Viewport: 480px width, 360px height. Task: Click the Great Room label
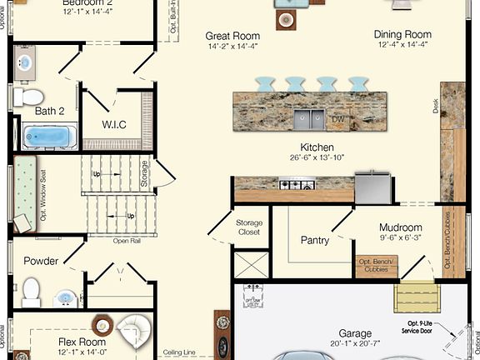click(x=232, y=37)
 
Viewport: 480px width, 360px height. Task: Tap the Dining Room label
click(x=402, y=35)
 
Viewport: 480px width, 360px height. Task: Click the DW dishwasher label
click(x=337, y=120)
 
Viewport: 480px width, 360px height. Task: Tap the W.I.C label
click(x=114, y=125)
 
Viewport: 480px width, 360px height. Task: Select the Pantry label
click(x=314, y=240)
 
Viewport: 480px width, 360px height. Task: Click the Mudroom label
click(x=400, y=227)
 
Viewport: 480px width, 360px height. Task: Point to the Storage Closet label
click(x=248, y=227)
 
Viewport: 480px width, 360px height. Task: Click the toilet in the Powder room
click(x=32, y=290)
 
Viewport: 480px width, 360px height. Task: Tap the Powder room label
click(x=41, y=261)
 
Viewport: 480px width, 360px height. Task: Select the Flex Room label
click(x=81, y=342)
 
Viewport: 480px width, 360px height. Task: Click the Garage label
click(x=355, y=332)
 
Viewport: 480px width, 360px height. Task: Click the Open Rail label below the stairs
click(x=127, y=241)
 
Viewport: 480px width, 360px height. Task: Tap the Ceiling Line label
click(x=179, y=352)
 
